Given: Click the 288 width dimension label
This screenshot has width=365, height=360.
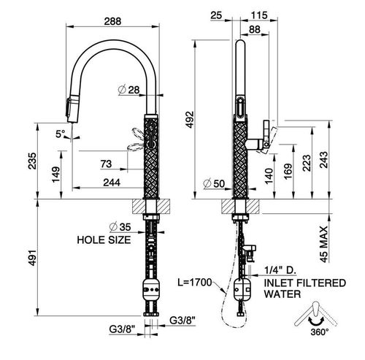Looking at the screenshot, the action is point(112,21).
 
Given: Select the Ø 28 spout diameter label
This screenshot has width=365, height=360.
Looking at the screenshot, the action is point(128,90).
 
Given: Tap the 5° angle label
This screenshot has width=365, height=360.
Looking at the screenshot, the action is point(61,134).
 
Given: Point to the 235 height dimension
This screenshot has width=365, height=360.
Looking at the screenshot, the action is point(32,161).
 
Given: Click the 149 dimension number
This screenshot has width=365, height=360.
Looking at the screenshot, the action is point(55,175).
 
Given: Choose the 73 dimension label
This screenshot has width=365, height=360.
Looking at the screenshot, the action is point(106,164).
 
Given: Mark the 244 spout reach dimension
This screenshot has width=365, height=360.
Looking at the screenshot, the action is point(112,183).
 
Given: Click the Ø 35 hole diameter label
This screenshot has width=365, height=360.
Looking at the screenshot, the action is point(120,227).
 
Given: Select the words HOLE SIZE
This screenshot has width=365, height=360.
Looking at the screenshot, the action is point(104,240).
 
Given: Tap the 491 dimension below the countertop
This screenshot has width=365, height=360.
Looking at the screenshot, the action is point(32,258).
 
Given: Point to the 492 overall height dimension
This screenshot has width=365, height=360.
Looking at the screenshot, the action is point(190,119).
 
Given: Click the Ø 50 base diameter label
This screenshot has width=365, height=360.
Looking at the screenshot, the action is point(214,183).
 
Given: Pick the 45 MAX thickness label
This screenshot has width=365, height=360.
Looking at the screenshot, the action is point(323,244).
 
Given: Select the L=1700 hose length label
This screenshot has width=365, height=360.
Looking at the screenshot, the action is point(194,283).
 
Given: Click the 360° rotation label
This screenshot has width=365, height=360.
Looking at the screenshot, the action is point(320,332).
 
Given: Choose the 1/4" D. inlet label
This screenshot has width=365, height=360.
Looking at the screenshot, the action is point(280,270).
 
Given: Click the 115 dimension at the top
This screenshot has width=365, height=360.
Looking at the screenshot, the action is point(259,15).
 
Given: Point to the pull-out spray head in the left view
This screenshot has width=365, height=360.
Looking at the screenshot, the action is point(72,109).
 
